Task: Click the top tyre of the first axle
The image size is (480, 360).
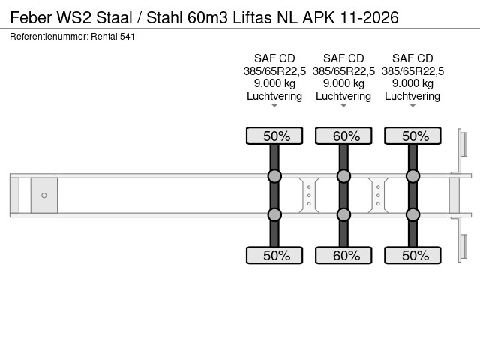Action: [274, 136]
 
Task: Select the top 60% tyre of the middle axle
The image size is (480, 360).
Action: [343, 136]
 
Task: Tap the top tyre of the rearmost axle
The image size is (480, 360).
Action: [412, 136]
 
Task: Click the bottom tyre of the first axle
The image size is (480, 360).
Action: [274, 255]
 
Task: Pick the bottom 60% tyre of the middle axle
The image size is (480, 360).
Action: [343, 255]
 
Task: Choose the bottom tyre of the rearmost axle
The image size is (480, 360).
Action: [412, 255]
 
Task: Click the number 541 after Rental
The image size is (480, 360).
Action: [127, 36]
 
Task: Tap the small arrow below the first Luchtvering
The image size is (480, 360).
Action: [274, 106]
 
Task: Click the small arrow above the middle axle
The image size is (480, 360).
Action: [343, 106]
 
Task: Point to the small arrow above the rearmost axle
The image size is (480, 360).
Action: [412, 106]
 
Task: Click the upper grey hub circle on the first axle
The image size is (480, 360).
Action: [274, 176]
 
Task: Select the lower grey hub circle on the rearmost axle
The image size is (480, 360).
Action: [412, 214]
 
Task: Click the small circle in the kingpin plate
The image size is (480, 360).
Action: [44, 196]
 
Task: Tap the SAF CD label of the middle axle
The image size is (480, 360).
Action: [343, 58]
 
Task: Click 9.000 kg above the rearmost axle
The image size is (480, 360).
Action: [412, 83]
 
